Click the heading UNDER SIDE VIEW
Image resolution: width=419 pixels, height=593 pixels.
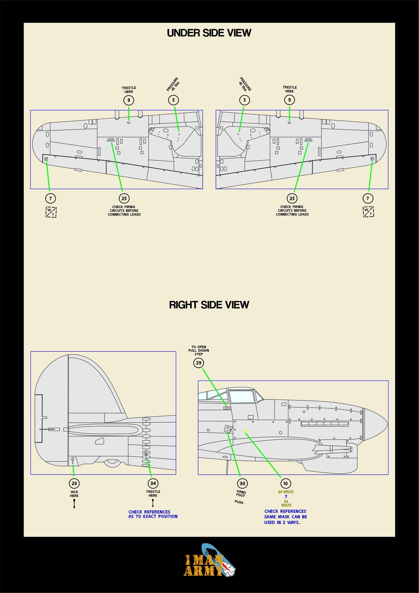coord(209,33)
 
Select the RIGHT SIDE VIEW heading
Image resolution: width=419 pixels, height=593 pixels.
coord(209,305)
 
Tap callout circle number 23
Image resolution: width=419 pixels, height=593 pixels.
coord(74,483)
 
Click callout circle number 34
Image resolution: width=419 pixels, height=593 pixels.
coord(153,483)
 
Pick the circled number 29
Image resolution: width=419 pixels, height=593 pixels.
coord(198,363)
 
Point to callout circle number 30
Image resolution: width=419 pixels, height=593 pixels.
coord(242,483)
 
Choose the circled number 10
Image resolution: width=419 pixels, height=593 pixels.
coord(285,483)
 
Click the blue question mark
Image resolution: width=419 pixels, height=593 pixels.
coord(285,497)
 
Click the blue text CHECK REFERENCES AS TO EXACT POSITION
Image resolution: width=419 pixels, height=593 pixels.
coord(153,514)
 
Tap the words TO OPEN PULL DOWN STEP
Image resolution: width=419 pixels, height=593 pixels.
coord(199,350)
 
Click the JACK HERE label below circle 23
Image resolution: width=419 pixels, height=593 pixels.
coord(74,494)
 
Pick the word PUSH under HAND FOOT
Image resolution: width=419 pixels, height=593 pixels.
coord(239,502)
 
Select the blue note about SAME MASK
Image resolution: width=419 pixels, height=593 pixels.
coord(285,517)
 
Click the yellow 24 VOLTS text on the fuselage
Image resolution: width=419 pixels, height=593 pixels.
coord(245,430)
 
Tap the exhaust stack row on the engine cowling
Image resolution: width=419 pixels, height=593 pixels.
coord(325,424)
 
